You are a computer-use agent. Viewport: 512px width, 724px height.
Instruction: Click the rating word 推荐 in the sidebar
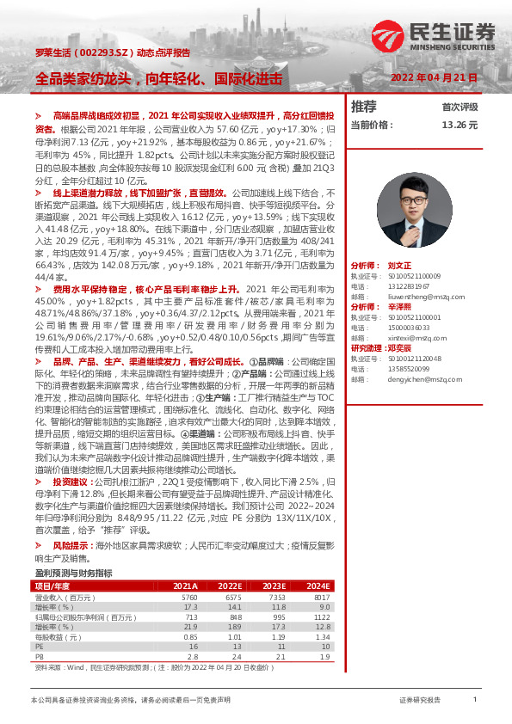[x=364, y=107]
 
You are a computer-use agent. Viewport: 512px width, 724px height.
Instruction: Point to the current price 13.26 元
[x=459, y=125]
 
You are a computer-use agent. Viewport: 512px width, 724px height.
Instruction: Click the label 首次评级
[x=460, y=107]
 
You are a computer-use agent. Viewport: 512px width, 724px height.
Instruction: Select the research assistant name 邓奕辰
[x=401, y=347]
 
